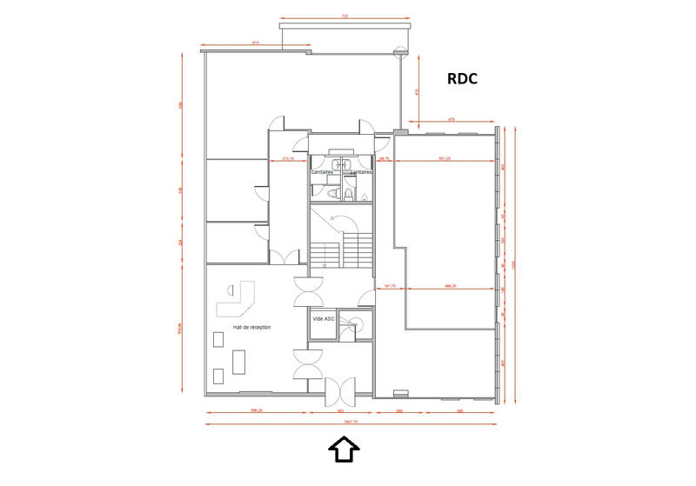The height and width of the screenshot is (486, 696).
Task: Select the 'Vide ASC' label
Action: pos(323,319)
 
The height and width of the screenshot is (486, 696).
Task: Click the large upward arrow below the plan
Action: pos(344,449)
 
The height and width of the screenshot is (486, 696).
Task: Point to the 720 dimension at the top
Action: pos(345,17)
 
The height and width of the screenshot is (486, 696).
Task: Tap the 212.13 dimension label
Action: pos(286,159)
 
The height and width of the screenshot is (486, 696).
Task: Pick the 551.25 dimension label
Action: pos(444,159)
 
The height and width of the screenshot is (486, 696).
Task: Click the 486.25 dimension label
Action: pos(452,286)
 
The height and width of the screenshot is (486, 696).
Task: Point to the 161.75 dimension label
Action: pos(390,286)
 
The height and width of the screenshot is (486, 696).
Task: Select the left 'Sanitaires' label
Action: pos(324,172)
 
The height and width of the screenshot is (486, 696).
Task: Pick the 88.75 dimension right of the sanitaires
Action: pos(384,159)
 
